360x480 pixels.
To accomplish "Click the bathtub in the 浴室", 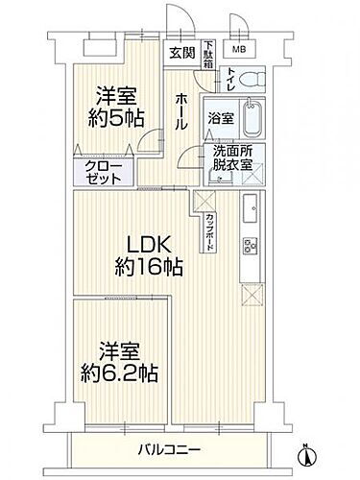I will (255, 118).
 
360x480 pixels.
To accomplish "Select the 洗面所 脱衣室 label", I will (232, 156).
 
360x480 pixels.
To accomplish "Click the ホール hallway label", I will (181, 112).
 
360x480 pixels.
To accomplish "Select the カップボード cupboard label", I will (210, 231).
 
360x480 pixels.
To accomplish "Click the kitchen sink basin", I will (249, 206).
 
